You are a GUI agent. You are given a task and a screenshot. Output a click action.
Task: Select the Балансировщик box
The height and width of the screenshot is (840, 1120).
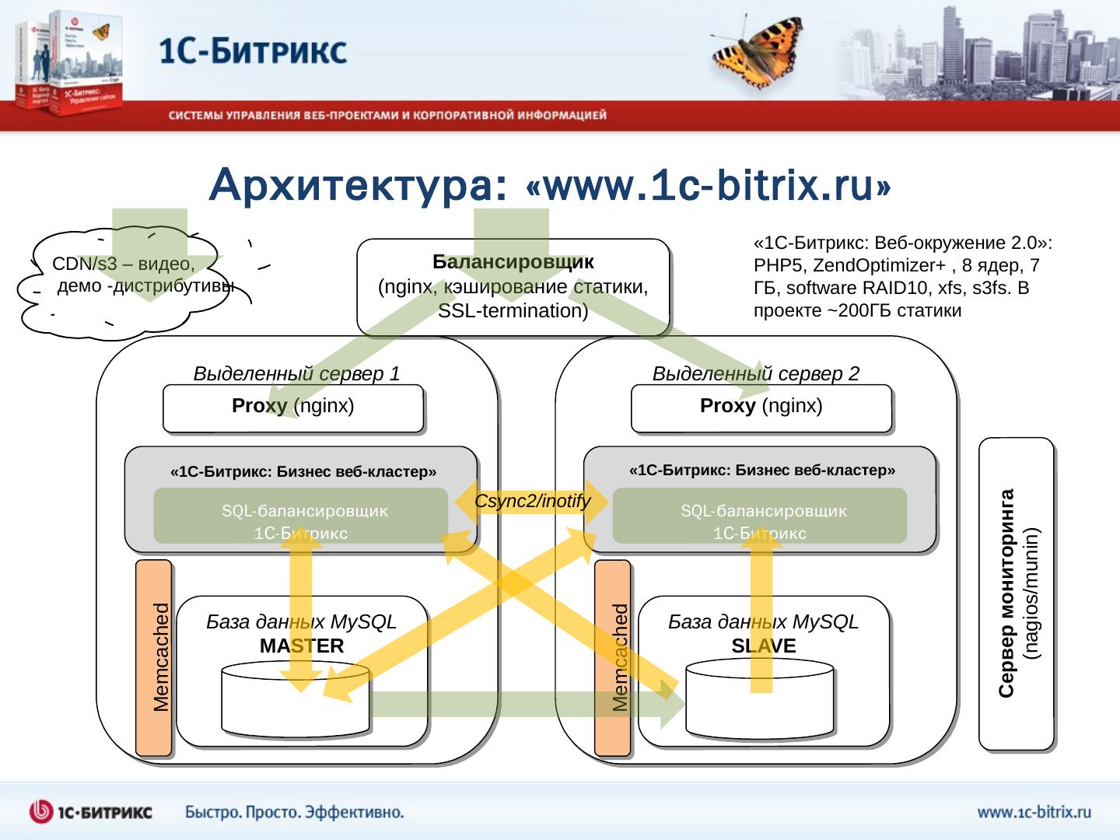coord(513,286)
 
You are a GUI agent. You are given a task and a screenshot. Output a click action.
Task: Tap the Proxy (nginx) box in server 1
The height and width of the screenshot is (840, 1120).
coord(292,408)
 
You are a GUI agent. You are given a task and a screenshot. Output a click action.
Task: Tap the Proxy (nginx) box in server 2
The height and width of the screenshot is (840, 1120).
coord(761,408)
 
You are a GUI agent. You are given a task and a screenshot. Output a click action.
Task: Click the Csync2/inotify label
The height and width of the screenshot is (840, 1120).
coord(532,502)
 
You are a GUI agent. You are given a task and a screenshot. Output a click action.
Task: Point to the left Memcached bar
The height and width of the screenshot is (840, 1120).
coord(153,658)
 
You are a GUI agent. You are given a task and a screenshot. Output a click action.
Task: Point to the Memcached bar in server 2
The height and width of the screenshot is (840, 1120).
coord(612,658)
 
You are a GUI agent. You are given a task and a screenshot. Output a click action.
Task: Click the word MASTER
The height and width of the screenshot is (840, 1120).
coord(302,646)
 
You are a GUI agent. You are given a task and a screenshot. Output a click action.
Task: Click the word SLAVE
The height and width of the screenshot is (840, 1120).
coord(763,646)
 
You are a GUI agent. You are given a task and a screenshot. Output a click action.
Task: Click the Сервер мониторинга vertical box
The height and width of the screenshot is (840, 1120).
coord(1016,593)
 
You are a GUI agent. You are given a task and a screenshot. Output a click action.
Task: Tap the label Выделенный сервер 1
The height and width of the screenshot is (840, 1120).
coord(296,374)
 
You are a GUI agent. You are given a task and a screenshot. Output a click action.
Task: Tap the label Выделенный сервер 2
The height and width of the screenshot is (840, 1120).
coord(755,374)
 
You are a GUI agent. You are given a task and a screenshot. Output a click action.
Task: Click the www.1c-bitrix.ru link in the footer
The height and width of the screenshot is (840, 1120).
coord(1034,813)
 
